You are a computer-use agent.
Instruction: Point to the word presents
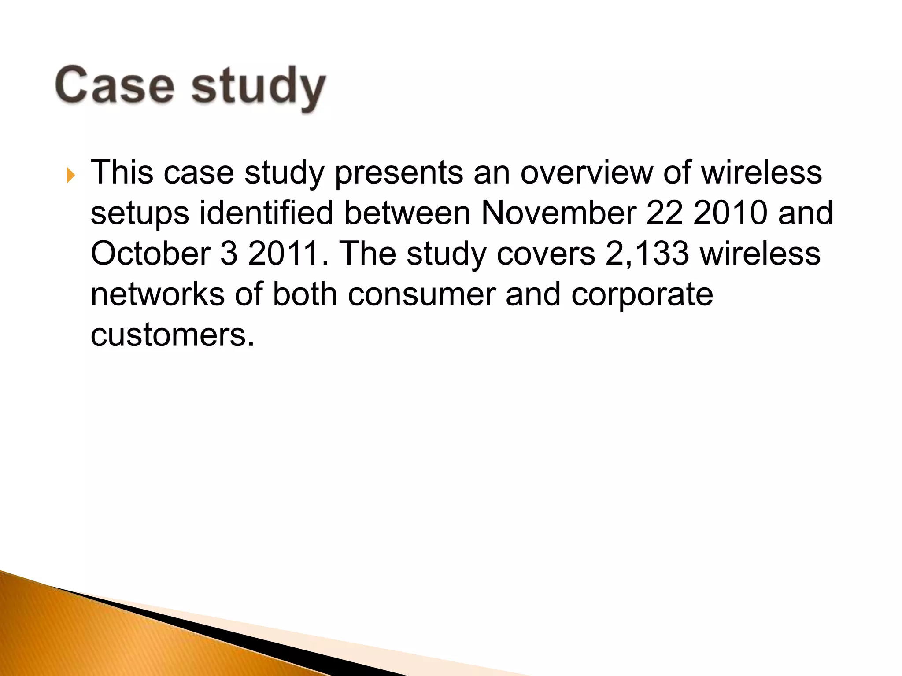pos(399,173)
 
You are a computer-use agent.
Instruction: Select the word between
pos(407,213)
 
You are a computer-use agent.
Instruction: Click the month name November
pos(558,213)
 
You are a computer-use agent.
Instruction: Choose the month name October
pos(150,253)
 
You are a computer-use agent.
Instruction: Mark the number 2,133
pos(647,253)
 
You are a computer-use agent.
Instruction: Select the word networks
pos(157,294)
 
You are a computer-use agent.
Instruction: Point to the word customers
pos(172,335)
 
